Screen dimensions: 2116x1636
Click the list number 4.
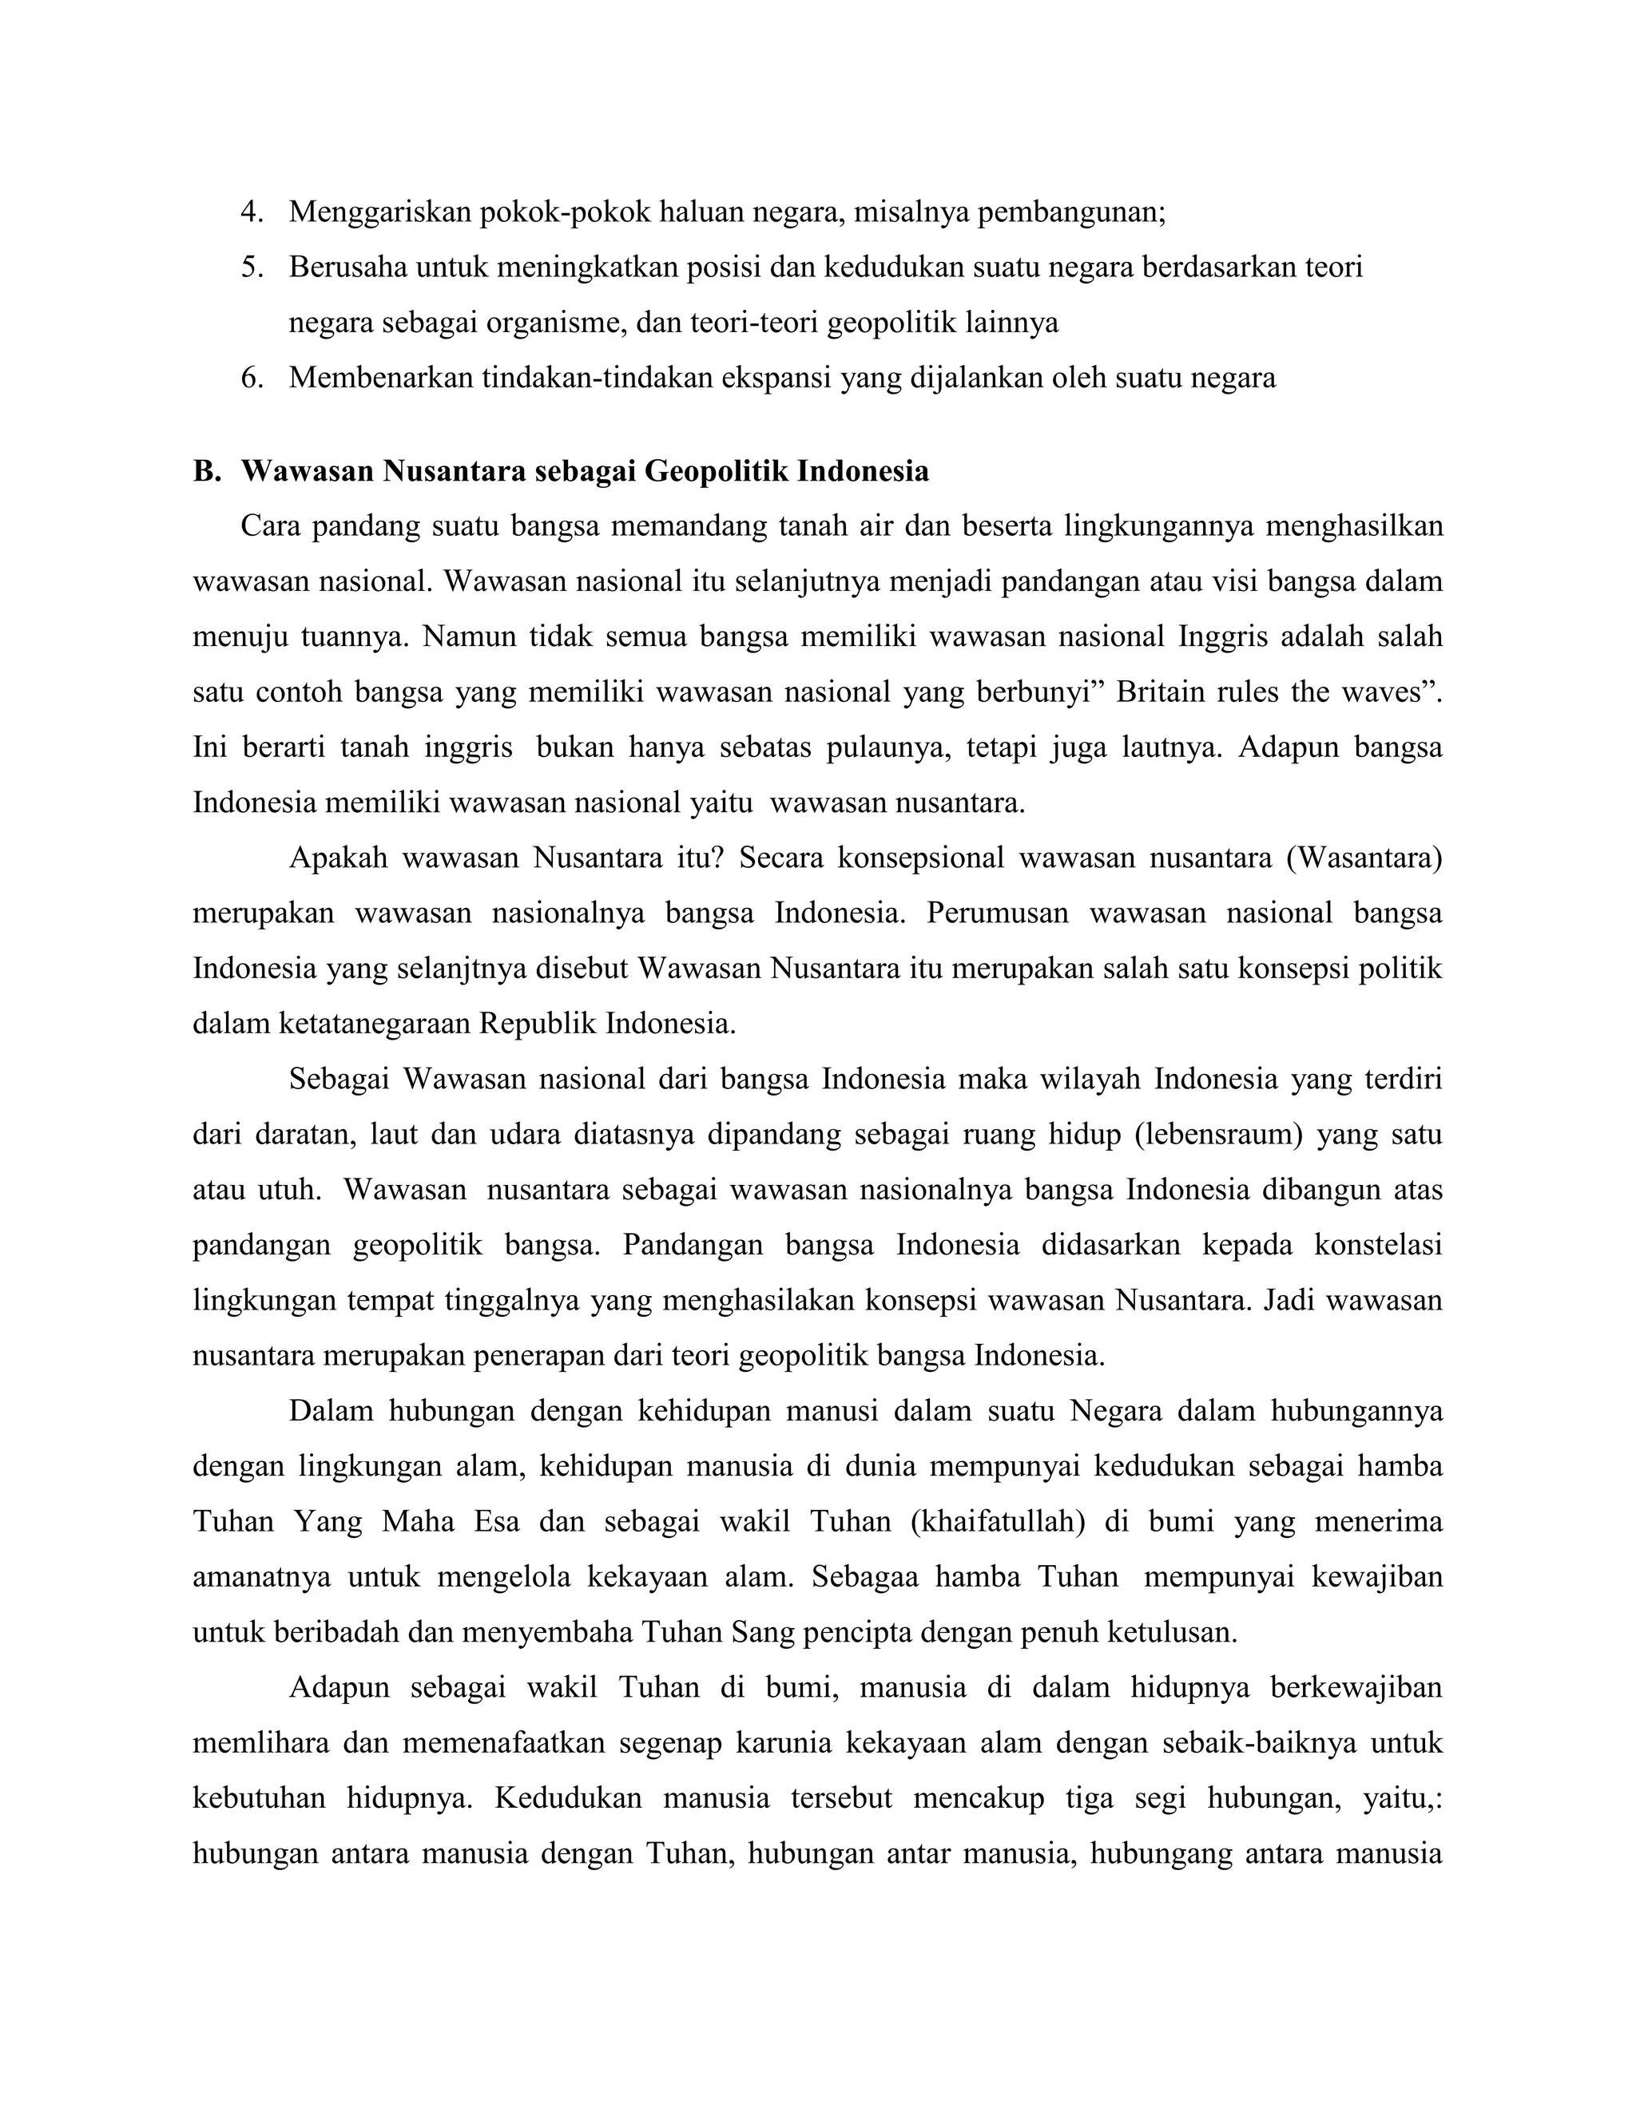pyautogui.click(x=251, y=212)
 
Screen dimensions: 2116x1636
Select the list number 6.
pyautogui.click(x=251, y=378)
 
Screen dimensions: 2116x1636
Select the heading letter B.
pyautogui.click(x=204, y=472)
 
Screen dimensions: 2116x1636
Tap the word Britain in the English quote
pyautogui.click(x=1153, y=693)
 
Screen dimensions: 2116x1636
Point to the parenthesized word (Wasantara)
pyautogui.click(x=1364, y=858)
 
